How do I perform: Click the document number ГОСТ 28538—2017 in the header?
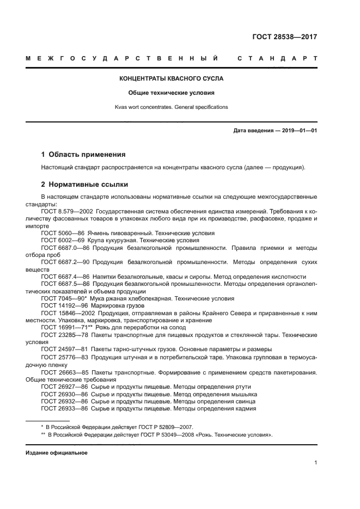click(x=285, y=37)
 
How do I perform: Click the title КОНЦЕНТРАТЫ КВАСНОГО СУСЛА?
click(x=172, y=78)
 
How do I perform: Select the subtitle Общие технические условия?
click(x=172, y=93)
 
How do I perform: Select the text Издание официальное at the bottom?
click(x=57, y=452)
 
